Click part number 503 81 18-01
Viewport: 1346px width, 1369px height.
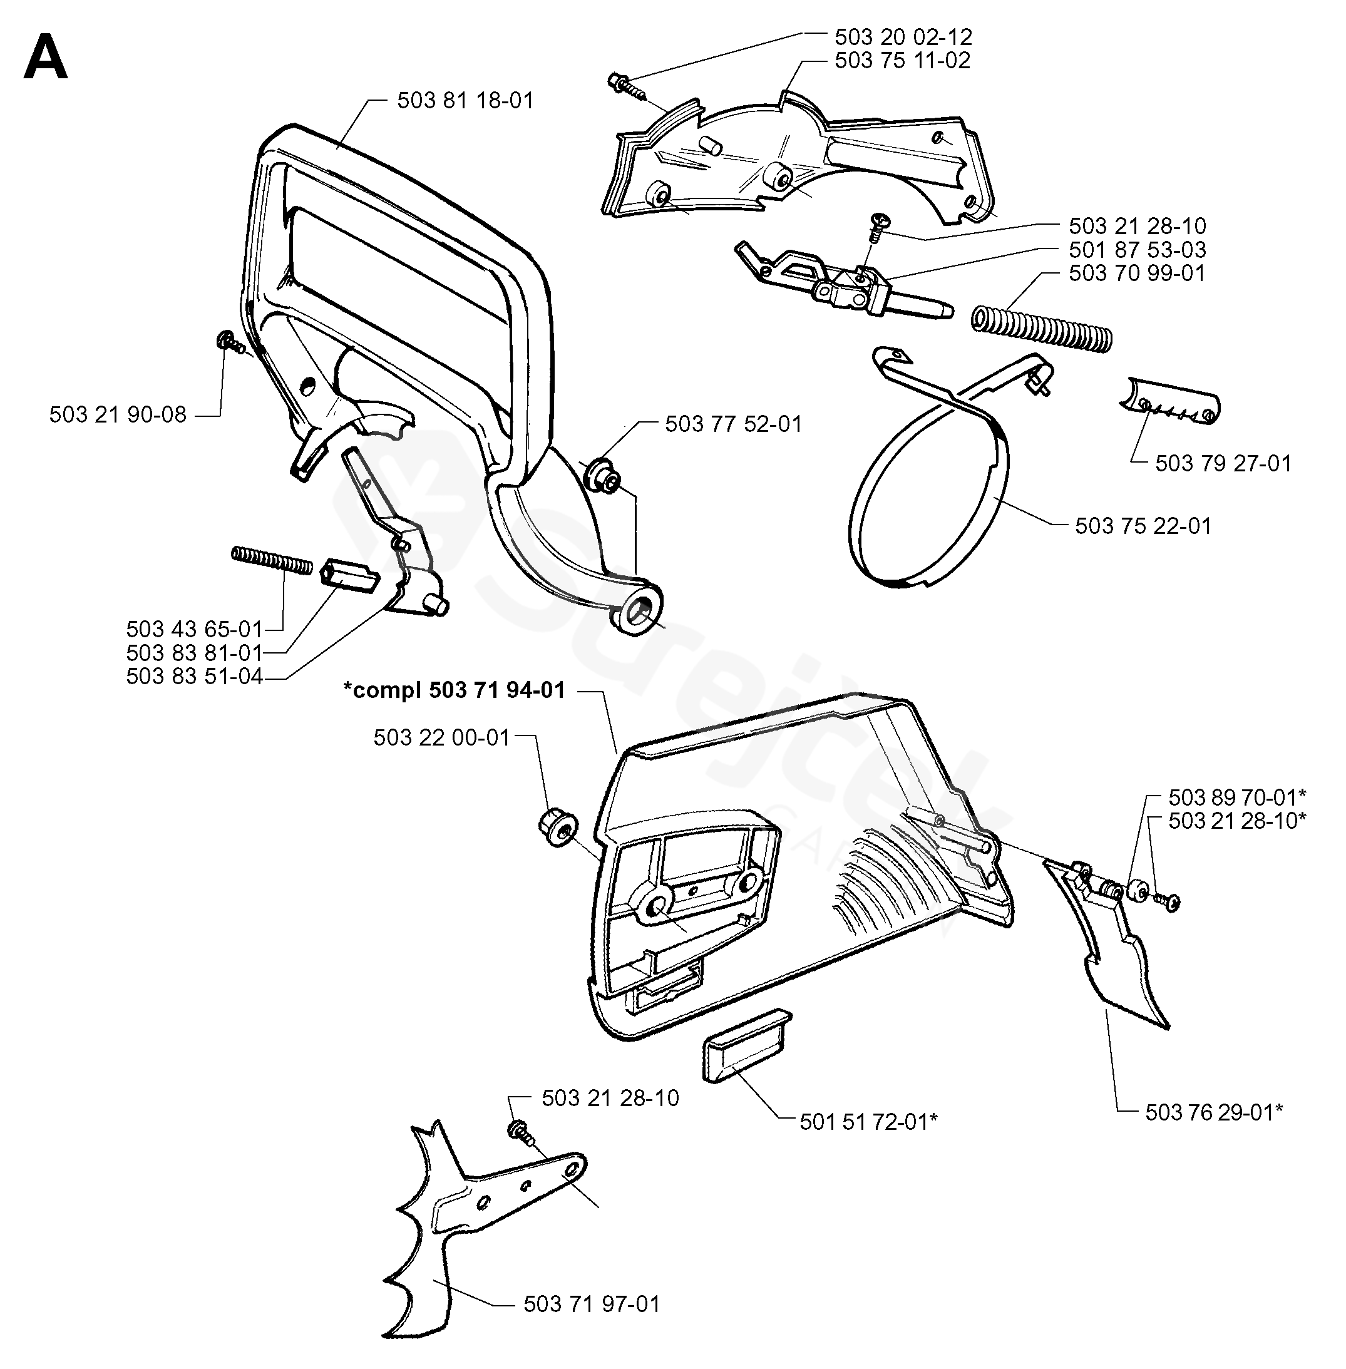(465, 100)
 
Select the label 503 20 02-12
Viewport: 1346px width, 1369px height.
(903, 37)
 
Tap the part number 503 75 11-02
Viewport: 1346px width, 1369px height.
(903, 60)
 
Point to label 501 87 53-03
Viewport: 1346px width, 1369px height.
(1138, 250)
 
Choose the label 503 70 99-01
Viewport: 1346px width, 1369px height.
(1137, 273)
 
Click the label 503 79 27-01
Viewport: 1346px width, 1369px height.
(1224, 463)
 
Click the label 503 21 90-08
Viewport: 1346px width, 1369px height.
(118, 414)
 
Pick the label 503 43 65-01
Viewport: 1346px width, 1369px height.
(195, 628)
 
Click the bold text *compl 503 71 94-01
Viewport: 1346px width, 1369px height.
(455, 690)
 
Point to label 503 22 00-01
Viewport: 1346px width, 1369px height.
(442, 737)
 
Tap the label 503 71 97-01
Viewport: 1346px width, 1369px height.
(592, 1303)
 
